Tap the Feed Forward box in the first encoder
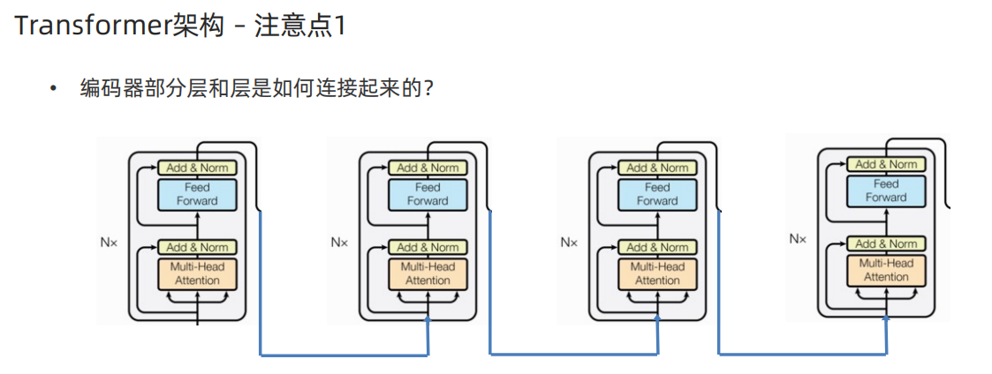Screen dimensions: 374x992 pyautogui.click(x=197, y=194)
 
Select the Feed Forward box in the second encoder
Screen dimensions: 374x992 pyautogui.click(x=428, y=194)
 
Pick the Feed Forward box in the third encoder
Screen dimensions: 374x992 pyautogui.click(x=657, y=194)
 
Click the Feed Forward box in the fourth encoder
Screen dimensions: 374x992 pyautogui.click(x=886, y=191)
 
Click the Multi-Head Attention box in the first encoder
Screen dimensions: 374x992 pyautogui.click(x=197, y=273)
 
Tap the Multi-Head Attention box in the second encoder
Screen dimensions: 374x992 pyautogui.click(x=428, y=273)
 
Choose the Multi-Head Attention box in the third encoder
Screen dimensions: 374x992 pyautogui.click(x=657, y=273)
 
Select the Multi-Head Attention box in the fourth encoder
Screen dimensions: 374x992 pyautogui.click(x=886, y=270)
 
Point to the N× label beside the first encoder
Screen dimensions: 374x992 pyautogui.click(x=109, y=241)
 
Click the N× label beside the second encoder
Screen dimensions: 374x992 pyautogui.click(x=339, y=241)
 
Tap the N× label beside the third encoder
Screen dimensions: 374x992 pyautogui.click(x=569, y=241)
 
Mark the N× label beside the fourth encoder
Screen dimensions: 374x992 pyautogui.click(x=798, y=238)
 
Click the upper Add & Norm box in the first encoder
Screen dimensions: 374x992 pyautogui.click(x=197, y=168)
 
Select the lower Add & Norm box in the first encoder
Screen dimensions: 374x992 pyautogui.click(x=197, y=247)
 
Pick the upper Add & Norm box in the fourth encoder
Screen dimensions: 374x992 pyautogui.click(x=886, y=164)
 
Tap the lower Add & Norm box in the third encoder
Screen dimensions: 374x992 pyautogui.click(x=657, y=247)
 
